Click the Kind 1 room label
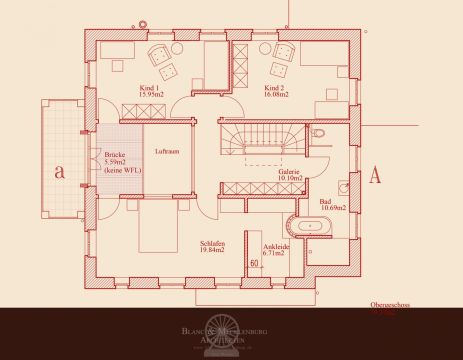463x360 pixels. [147, 91]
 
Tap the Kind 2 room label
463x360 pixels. [276, 91]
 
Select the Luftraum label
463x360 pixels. [167, 151]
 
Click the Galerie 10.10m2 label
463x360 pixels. [290, 176]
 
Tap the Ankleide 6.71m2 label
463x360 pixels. [273, 249]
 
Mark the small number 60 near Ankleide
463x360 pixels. [255, 263]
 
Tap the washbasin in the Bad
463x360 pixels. [343, 186]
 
